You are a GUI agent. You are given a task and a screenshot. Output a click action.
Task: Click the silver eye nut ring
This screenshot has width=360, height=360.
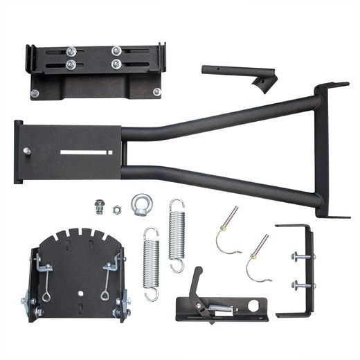point(142,202)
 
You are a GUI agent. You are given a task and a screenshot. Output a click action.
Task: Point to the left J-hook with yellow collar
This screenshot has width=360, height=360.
point(227,231)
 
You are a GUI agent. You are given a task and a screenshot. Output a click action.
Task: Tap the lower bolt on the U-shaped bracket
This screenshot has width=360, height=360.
point(299,285)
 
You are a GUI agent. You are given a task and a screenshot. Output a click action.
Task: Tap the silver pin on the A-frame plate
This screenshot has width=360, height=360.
point(27,152)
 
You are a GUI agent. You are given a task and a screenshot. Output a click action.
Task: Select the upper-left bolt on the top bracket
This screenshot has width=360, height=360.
point(70,51)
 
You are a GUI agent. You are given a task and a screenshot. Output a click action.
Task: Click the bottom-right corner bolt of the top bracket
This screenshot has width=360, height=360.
point(156,91)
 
